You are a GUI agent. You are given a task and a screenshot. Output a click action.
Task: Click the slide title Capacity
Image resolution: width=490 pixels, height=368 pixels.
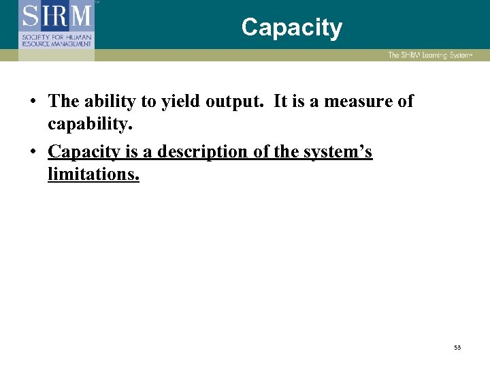(291, 28)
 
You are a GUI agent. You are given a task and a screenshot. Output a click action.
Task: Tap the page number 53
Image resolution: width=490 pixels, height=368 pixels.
(457, 348)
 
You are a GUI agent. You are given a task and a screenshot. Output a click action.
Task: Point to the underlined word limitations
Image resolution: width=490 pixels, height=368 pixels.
(93, 174)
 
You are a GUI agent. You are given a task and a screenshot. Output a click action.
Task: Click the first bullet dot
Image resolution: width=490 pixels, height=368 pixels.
(33, 102)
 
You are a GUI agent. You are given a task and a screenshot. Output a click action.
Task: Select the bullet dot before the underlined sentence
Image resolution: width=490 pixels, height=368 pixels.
(33, 152)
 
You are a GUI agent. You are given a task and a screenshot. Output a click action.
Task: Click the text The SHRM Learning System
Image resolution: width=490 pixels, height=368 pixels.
(429, 55)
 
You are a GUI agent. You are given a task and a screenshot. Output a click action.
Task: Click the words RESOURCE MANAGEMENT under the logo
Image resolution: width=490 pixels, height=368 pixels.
(56, 44)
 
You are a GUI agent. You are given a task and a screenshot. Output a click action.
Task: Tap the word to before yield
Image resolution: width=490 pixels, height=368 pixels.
(149, 102)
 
